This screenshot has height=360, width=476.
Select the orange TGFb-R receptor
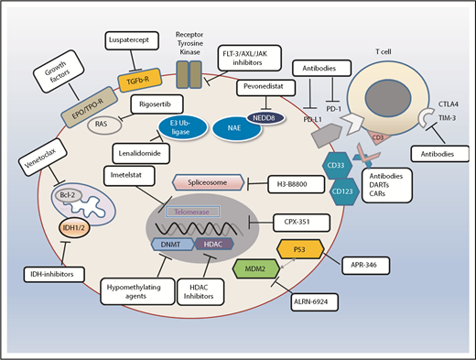pos(131,78)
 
